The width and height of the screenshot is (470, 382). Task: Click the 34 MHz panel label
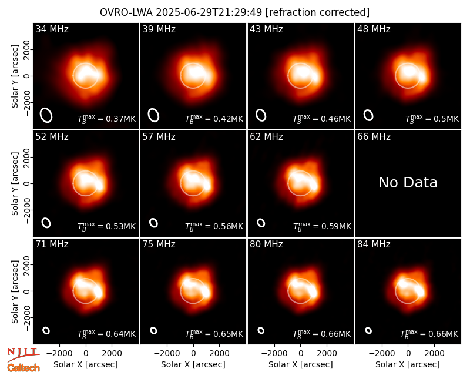tap(52, 29)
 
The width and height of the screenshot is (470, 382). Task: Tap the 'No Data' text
tap(408, 182)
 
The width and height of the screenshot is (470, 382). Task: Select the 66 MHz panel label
tap(374, 137)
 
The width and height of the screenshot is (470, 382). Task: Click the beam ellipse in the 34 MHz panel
tap(46, 115)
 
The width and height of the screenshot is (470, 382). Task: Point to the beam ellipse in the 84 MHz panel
tap(368, 330)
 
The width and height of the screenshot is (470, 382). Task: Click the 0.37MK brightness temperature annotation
tap(107, 119)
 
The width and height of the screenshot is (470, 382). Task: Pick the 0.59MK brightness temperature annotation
tap(322, 226)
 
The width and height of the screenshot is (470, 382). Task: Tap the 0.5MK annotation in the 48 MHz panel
tap(432, 119)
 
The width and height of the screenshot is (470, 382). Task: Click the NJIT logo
tap(23, 354)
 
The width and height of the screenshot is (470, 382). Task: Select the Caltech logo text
tap(23, 368)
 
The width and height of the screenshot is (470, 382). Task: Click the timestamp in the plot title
tap(209, 12)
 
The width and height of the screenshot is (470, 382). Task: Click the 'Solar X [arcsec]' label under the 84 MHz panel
tap(408, 364)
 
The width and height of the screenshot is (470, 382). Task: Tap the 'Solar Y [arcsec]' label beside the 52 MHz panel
tap(15, 183)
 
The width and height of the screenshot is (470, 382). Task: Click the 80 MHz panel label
tap(266, 244)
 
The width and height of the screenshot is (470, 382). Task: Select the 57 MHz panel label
tap(159, 137)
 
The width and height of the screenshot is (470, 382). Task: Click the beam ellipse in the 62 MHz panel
tap(261, 223)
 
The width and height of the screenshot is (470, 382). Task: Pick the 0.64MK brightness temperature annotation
tap(107, 334)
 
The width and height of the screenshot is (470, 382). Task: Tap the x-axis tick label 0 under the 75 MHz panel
tap(193, 354)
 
